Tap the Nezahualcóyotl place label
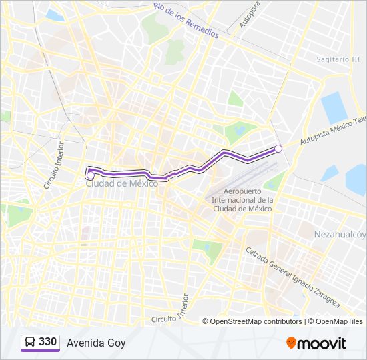340,234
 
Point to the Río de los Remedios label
185,20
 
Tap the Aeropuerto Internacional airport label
242,200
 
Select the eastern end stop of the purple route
278,148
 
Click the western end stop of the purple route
89,175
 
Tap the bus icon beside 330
31,342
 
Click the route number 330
48,342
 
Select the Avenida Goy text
96,343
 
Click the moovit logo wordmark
322,343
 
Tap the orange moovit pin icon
291,343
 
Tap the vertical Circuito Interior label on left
53,165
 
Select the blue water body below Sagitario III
334,107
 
